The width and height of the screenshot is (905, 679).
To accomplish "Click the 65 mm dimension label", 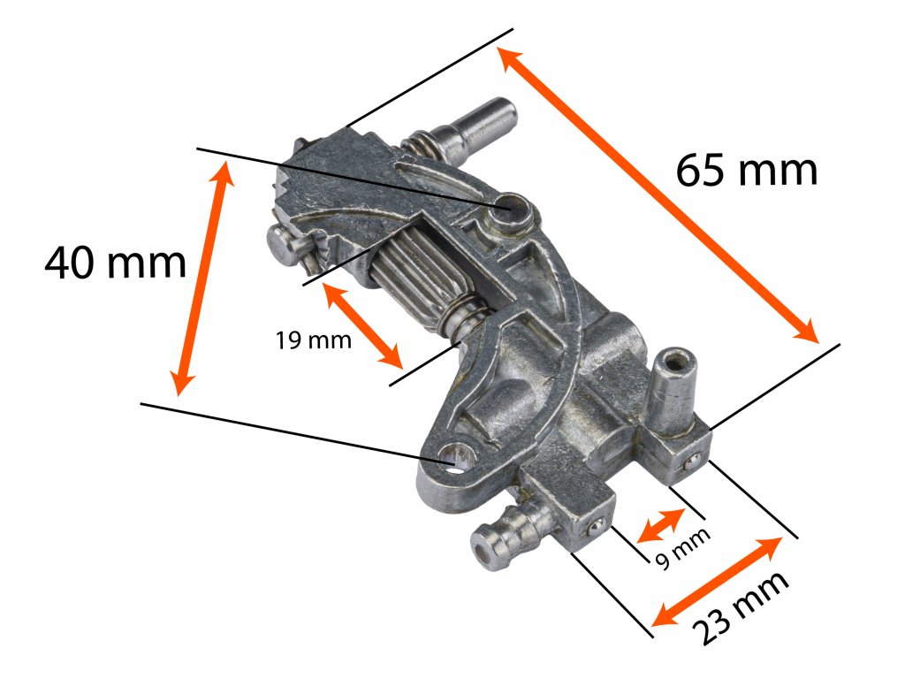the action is click(x=747, y=170).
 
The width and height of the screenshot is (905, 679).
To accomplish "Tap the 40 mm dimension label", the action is click(x=116, y=263).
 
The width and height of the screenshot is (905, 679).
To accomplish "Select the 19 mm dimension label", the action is click(x=312, y=339).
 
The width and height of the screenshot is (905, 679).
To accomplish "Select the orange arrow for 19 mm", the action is click(x=364, y=325).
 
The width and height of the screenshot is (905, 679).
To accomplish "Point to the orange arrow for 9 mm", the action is click(x=661, y=525).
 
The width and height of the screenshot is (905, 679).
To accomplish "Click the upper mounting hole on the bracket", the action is click(x=513, y=209).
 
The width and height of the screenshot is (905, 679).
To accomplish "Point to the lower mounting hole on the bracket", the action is click(x=459, y=458).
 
